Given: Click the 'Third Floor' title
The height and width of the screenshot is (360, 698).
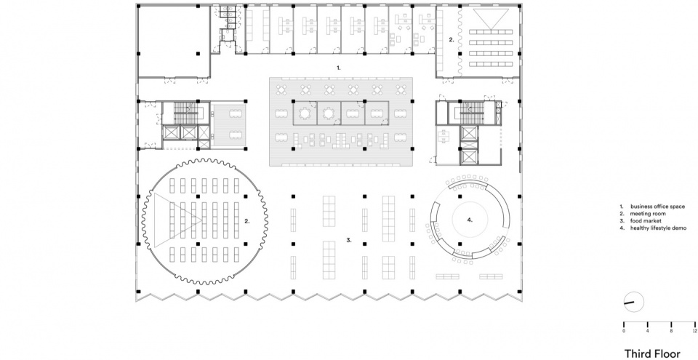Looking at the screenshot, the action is (x=652, y=353).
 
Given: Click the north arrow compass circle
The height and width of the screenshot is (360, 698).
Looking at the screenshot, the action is (x=634, y=302).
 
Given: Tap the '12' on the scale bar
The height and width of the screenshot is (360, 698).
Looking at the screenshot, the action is (x=695, y=331).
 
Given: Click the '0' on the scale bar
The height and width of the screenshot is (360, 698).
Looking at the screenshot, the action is (x=624, y=331).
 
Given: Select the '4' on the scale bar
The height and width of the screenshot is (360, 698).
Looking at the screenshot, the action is (x=647, y=331).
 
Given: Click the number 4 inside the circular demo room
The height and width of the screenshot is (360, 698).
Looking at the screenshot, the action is (x=470, y=220).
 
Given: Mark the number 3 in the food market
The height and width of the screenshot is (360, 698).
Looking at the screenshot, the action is (x=349, y=240).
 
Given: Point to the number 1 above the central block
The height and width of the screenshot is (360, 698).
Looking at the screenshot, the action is (x=338, y=68).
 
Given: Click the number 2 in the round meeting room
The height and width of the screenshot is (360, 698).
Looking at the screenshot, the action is (x=247, y=220).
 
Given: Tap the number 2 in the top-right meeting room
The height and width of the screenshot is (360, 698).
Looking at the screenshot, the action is (x=451, y=40).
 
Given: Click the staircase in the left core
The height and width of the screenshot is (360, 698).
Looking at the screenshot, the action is (x=185, y=113).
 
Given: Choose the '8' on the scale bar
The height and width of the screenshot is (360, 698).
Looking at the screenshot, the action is (x=671, y=331).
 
